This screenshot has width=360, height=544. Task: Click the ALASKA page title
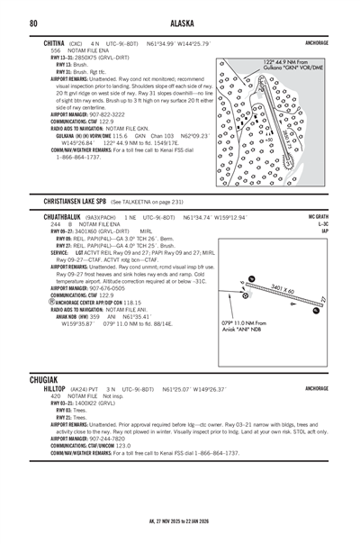click(x=179, y=23)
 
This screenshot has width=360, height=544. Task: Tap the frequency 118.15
click(x=132, y=302)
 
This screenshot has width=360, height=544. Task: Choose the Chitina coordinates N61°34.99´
click(x=166, y=43)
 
